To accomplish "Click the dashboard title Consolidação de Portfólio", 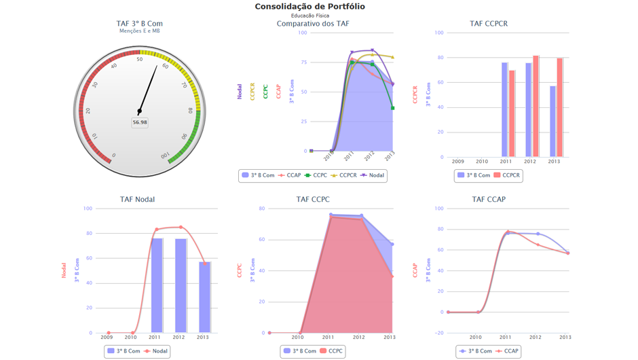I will (309, 7).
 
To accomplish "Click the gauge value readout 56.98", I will (140, 122).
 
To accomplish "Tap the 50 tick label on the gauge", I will (140, 60).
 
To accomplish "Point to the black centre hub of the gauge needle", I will (140, 111).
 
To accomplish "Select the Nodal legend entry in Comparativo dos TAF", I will (373, 175).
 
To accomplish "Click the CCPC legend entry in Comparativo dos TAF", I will (316, 175).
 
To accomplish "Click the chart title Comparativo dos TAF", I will (313, 24).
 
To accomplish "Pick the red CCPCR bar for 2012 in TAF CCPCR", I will (536, 106).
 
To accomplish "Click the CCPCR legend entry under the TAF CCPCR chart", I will (506, 175).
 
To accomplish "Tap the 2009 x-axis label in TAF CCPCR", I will (458, 162).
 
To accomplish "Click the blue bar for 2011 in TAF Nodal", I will (157, 285).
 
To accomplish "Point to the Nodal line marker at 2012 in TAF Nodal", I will (181, 228).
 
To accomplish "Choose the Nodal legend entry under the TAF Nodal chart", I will (155, 351).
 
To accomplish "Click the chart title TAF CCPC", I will (313, 200).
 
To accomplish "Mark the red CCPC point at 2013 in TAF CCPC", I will (392, 276).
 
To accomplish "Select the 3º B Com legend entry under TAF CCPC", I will (299, 351).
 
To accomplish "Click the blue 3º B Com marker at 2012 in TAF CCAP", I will (538, 234).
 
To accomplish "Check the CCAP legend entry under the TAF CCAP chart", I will (507, 351).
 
